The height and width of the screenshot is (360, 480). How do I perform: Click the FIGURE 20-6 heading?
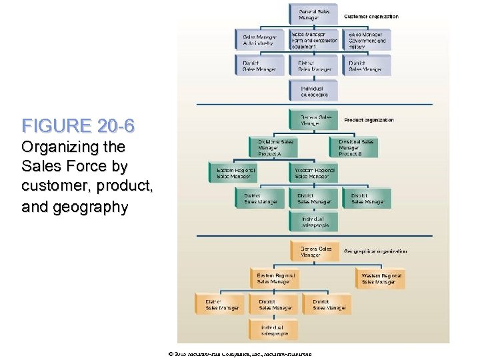(79, 126)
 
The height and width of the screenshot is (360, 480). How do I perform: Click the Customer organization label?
(371, 16)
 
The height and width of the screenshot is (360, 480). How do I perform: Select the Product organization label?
(369, 120)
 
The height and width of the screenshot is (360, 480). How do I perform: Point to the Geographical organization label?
(375, 251)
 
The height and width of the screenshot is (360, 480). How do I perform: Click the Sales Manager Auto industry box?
(260, 41)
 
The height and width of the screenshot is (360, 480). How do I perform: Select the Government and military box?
(368, 41)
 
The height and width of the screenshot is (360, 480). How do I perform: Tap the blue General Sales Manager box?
(313, 14)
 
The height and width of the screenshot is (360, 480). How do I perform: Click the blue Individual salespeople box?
(313, 91)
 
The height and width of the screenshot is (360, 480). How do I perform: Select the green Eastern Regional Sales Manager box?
(234, 173)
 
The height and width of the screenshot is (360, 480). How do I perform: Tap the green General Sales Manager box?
(312, 120)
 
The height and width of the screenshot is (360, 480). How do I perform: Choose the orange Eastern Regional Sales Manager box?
(275, 278)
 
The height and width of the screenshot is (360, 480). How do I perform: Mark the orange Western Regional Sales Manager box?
(381, 278)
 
